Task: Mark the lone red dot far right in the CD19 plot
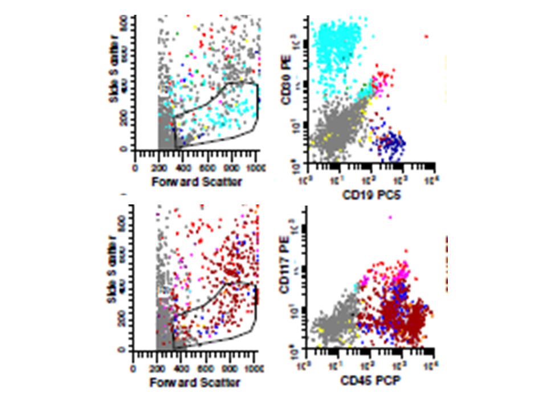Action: [x=426, y=37]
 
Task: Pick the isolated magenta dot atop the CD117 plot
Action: [x=390, y=217]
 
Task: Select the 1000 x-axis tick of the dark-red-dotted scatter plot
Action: [x=257, y=368]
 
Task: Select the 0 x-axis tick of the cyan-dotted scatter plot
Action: [x=135, y=168]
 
